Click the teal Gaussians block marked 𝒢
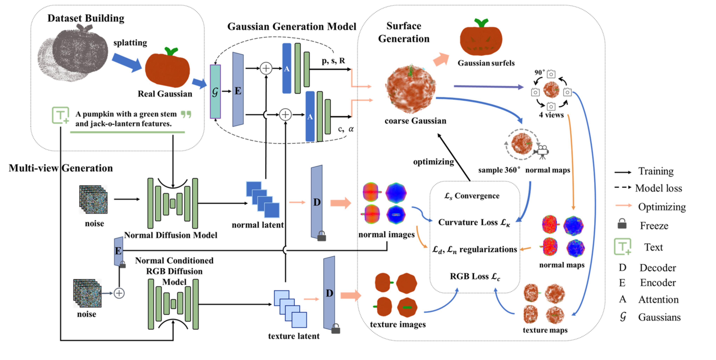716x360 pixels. pos(215,92)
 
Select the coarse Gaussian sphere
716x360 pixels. pos(410,89)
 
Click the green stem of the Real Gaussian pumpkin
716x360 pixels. pos(171,51)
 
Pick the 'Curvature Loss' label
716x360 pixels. pos(474,222)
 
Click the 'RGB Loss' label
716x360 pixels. pos(475,276)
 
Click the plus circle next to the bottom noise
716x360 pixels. pos(119,293)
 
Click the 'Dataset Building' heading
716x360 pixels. pos(86,18)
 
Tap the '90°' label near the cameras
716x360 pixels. pos(539,72)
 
